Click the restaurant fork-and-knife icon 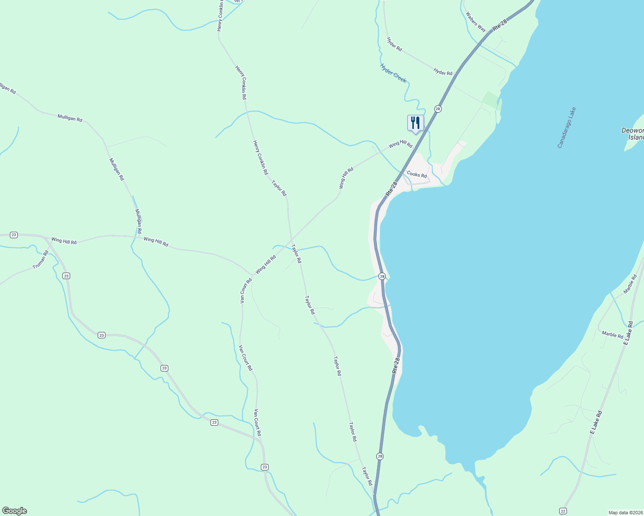[415, 123]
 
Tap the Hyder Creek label [393, 73]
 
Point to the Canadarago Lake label [567, 127]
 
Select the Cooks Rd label [417, 175]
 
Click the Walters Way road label [476, 22]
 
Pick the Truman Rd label [41, 260]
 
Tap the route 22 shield [563, 510]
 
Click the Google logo [14, 510]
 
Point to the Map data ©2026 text [625, 513]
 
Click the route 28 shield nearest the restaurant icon [438, 109]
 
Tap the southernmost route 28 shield [379, 456]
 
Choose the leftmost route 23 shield [14, 235]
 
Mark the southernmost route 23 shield [265, 467]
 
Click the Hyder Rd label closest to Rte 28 [443, 72]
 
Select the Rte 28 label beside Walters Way [500, 25]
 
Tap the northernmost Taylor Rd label [279, 188]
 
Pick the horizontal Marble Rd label [612, 335]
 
